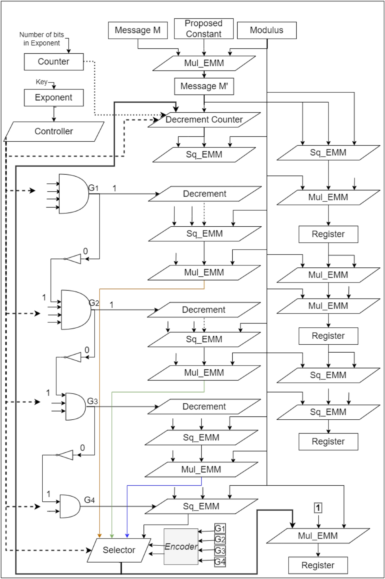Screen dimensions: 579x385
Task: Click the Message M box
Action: coord(138,30)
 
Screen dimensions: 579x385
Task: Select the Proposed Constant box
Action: coord(204,29)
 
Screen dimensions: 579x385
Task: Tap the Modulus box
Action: coord(267,30)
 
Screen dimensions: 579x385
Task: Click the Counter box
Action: coord(54,62)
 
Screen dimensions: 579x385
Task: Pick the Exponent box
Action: coord(54,97)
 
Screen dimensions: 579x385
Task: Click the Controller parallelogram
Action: coord(54,131)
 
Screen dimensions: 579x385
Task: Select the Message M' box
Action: coord(204,86)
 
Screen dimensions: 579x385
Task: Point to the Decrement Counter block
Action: coord(204,120)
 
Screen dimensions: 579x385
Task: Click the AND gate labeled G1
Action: coord(72,194)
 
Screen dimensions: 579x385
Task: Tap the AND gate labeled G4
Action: coord(69,506)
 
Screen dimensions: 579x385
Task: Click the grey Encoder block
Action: coord(181,547)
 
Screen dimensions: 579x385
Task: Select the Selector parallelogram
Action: coord(119,550)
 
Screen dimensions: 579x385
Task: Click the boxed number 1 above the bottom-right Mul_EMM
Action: coord(318,508)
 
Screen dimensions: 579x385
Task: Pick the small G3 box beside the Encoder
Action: coord(220,550)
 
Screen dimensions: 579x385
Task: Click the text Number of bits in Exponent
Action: coord(42,39)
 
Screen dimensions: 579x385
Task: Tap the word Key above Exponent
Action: coord(41,82)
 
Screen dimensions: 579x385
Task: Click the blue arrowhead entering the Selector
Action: coord(127,535)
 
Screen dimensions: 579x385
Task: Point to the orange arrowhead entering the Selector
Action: coord(99,535)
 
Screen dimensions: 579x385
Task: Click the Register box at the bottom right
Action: coord(318,565)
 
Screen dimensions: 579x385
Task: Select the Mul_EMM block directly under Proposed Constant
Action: coord(204,63)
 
